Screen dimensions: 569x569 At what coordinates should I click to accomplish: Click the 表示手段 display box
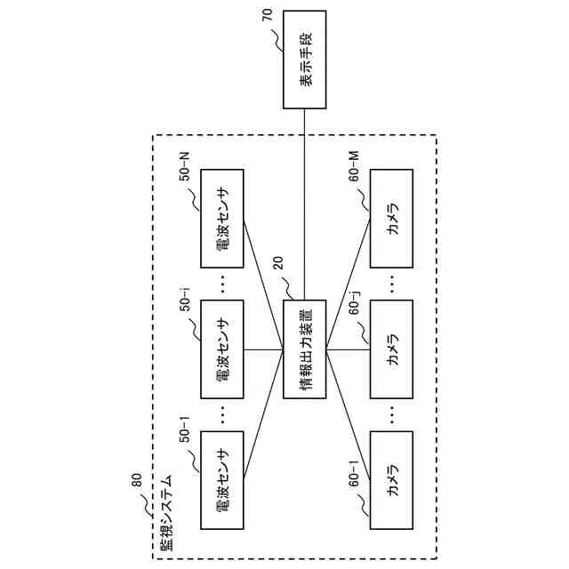305,60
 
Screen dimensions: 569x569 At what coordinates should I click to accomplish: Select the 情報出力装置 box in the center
305,349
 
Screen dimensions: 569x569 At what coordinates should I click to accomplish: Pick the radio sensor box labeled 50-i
222,349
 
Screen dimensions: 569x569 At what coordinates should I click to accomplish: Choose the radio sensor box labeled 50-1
222,481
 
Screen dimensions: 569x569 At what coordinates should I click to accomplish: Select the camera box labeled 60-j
392,349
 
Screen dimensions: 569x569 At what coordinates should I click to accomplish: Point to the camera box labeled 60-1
392,481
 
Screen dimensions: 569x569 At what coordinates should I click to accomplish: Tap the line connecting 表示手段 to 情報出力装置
305,204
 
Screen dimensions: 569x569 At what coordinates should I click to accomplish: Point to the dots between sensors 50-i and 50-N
222,284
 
